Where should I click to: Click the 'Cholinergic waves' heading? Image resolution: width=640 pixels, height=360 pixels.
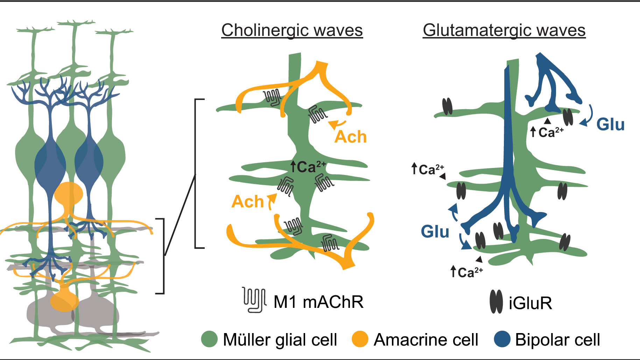pos(292,30)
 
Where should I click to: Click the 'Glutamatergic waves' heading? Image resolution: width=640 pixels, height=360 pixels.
pos(504,30)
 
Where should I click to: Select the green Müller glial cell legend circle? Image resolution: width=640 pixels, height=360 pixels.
pos(209,339)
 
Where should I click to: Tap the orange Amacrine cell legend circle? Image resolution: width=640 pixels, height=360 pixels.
pos(360,339)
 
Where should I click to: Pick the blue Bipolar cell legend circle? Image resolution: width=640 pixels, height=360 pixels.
pos(502,339)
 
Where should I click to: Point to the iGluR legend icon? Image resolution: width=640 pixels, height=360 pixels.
pos(496,302)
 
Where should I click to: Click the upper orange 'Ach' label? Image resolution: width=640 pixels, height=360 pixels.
pos(350,137)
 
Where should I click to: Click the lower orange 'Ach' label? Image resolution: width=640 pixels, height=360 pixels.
pos(248,202)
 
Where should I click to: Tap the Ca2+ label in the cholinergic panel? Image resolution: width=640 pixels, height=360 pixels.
pos(308,167)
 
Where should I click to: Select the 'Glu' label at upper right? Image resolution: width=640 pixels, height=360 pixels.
pos(610,125)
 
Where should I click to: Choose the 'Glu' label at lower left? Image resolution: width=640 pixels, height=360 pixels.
pos(435,232)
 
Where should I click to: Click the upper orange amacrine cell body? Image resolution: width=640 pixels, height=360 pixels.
pos(69,194)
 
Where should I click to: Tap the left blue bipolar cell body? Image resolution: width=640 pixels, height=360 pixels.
pos(50,164)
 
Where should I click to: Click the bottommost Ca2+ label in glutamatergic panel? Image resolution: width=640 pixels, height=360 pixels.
pos(466,272)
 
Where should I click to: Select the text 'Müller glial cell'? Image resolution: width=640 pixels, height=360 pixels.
pos(280,340)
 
